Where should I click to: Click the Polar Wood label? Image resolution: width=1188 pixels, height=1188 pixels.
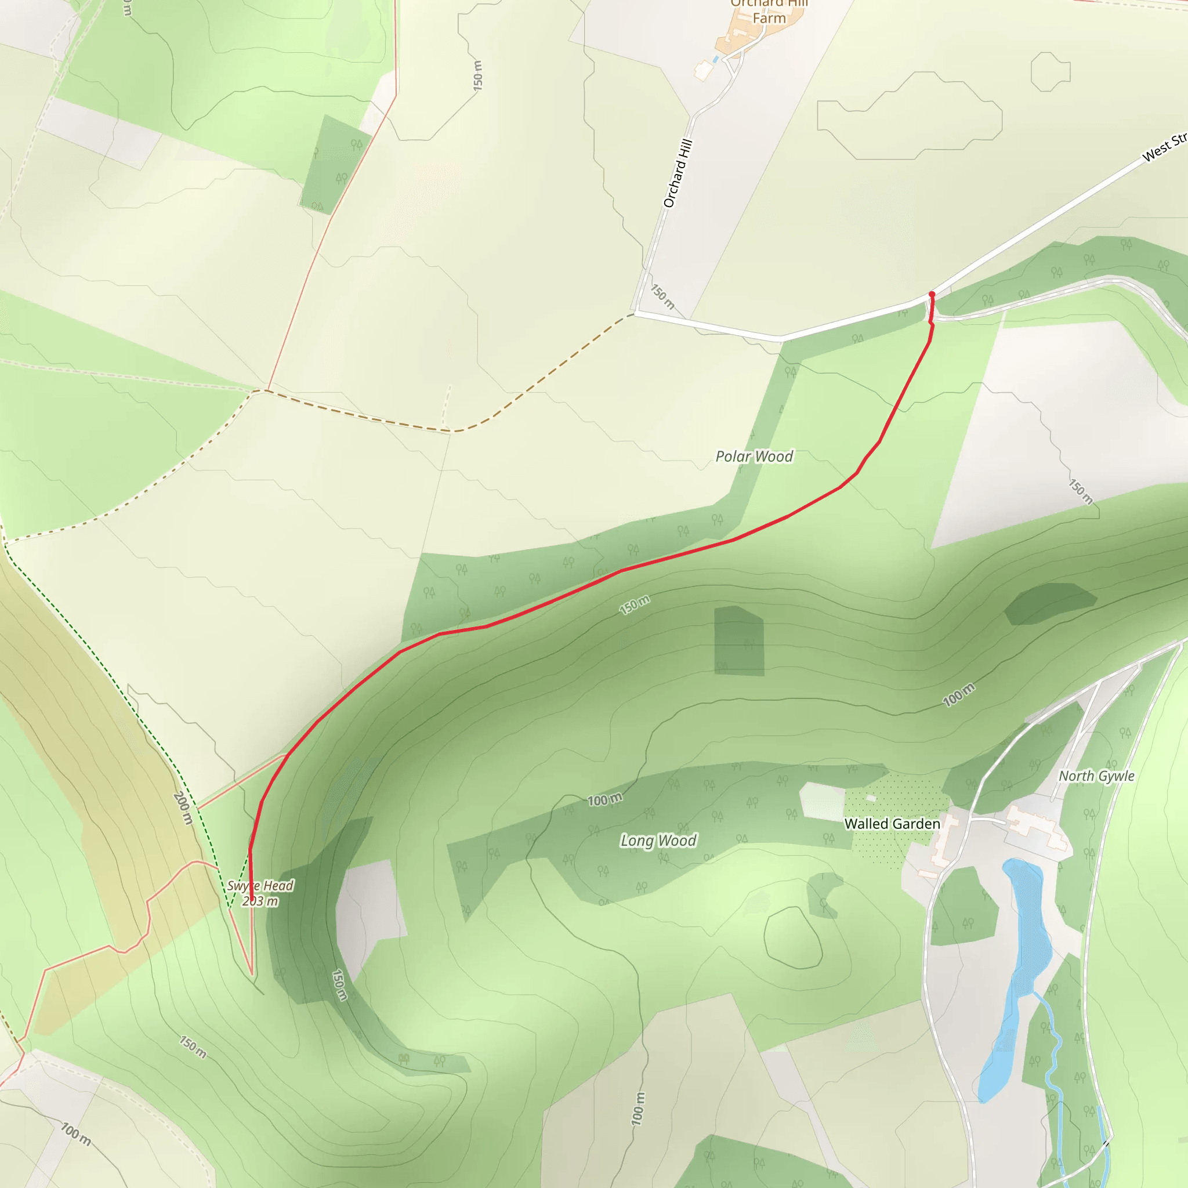pyautogui.click(x=754, y=457)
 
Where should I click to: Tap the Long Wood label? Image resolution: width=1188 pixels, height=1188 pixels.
pyautogui.click(x=658, y=840)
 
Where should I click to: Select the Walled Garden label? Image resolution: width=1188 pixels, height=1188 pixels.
pyautogui.click(x=892, y=823)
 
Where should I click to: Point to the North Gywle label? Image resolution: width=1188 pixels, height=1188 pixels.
pyautogui.click(x=1096, y=776)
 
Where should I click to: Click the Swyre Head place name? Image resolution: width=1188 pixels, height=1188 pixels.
pyautogui.click(x=259, y=885)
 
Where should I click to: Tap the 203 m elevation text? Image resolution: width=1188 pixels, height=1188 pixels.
pyautogui.click(x=259, y=901)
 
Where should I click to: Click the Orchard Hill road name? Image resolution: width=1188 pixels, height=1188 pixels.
pyautogui.click(x=678, y=173)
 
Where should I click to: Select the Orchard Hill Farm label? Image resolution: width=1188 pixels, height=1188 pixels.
pyautogui.click(x=769, y=11)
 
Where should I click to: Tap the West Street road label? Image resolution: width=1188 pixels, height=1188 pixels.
pyautogui.click(x=1164, y=147)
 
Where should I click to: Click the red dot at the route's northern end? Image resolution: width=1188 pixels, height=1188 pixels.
pyautogui.click(x=932, y=295)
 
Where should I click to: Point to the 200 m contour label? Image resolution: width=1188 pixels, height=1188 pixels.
pyautogui.click(x=183, y=809)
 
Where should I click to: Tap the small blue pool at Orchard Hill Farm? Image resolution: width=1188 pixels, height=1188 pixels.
pyautogui.click(x=715, y=59)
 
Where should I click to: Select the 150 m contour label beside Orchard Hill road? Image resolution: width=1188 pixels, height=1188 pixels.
pyautogui.click(x=663, y=297)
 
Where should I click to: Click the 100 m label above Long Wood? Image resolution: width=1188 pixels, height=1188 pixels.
pyautogui.click(x=604, y=800)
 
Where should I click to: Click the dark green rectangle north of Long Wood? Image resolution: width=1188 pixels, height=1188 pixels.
pyautogui.click(x=738, y=641)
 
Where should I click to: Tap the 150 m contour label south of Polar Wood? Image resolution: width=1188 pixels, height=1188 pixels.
pyautogui.click(x=634, y=605)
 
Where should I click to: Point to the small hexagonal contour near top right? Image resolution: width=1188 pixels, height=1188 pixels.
pyautogui.click(x=1051, y=72)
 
